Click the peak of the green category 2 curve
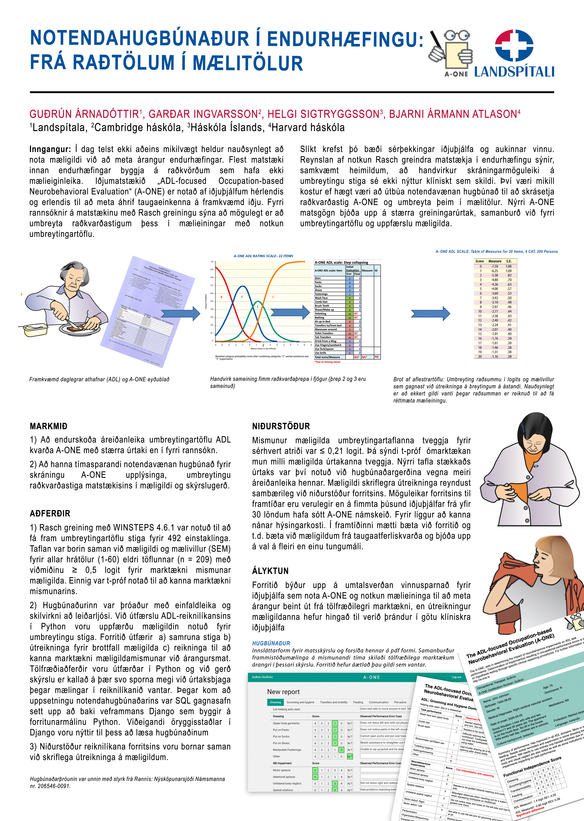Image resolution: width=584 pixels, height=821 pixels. click(x=257, y=301)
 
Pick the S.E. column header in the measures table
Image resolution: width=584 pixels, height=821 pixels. click(x=509, y=261)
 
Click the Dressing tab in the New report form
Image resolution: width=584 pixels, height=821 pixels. click(x=275, y=702)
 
